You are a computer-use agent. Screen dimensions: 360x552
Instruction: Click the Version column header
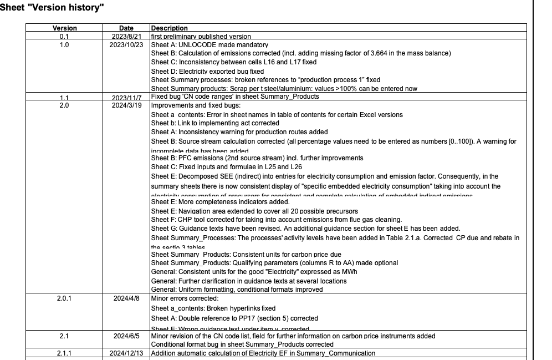64,28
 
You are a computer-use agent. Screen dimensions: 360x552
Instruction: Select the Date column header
126,28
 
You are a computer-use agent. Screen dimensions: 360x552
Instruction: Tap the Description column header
169,28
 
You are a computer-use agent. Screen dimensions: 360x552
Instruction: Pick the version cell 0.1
64,36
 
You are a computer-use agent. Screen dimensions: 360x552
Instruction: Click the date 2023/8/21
126,36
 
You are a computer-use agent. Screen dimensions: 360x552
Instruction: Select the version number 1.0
64,44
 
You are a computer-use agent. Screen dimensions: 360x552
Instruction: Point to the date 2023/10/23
126,44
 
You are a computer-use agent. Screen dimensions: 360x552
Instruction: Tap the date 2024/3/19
126,105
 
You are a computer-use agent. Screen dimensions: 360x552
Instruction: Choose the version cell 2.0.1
64,298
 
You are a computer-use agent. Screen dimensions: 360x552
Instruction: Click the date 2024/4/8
126,298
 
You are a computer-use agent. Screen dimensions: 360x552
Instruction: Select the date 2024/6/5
126,336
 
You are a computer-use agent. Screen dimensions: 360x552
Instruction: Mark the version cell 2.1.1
64,353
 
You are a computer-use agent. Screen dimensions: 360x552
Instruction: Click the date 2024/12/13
126,353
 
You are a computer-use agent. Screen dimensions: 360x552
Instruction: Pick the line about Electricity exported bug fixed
207,72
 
